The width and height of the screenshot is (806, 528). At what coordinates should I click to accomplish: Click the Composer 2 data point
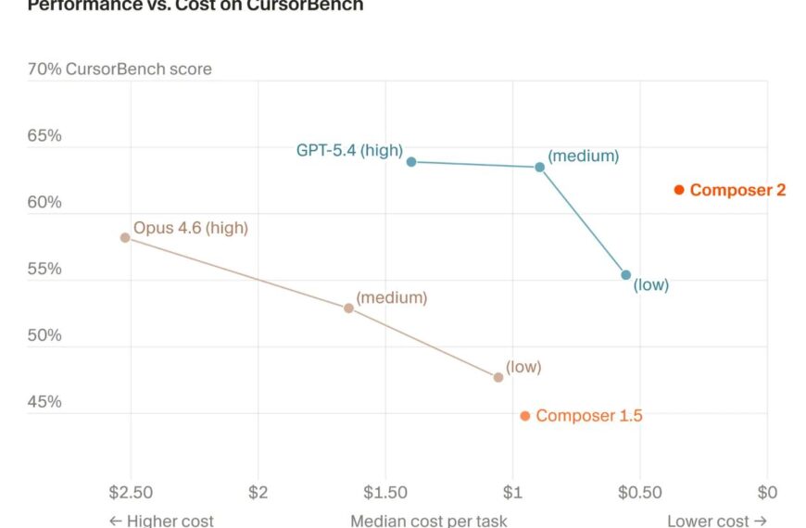coord(679,190)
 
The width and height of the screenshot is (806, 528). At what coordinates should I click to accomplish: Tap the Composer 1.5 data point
coord(525,416)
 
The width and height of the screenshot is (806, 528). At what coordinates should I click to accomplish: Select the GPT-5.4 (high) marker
coord(411,161)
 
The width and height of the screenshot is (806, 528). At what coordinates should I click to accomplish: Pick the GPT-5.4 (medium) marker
coord(540,167)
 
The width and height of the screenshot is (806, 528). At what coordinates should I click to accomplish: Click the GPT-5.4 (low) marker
coord(626,275)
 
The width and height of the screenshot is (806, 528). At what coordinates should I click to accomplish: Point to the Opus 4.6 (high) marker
coord(125,237)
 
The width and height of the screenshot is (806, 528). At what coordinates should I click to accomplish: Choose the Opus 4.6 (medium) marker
coord(348,308)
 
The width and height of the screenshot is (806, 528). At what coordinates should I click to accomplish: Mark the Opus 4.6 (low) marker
coord(498,377)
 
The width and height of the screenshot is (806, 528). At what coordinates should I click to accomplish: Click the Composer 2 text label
coord(737,190)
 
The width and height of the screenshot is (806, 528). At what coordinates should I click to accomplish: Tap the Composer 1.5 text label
coord(589,416)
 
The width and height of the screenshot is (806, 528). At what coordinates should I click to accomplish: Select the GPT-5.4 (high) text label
coord(349,149)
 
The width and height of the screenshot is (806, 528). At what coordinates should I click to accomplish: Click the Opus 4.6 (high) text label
coord(191,227)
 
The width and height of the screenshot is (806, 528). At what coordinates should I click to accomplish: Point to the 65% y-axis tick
coord(44,135)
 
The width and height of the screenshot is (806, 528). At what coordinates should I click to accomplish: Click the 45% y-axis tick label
coord(44,402)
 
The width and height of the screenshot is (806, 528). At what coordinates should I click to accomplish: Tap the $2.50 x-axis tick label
coord(130,491)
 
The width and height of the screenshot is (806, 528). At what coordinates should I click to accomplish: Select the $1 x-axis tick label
coord(512,491)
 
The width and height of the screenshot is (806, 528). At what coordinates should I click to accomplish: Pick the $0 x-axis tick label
coord(766,491)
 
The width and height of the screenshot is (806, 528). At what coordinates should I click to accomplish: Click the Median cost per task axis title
coord(428,521)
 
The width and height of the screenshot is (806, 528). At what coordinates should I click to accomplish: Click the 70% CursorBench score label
coord(120,69)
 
